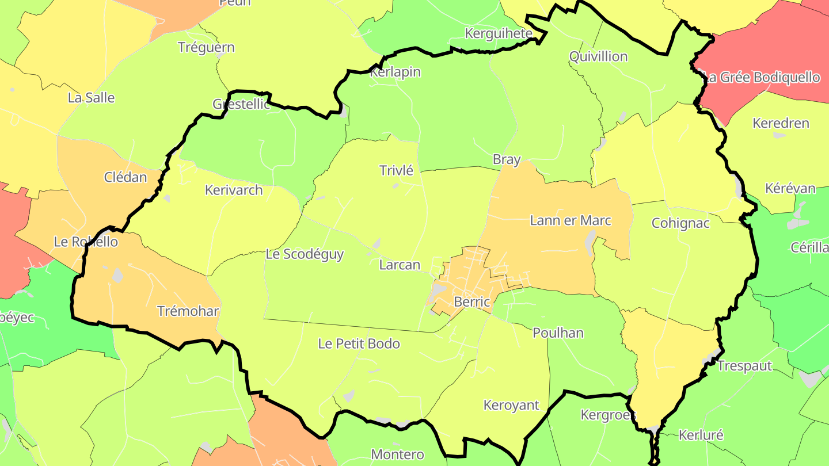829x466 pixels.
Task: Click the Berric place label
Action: pyautogui.click(x=471, y=301)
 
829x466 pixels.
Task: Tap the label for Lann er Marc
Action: pyautogui.click(x=570, y=220)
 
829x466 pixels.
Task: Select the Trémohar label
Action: pyautogui.click(x=188, y=311)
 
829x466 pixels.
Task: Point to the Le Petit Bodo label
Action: pyautogui.click(x=359, y=344)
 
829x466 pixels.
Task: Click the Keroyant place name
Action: pyautogui.click(x=511, y=405)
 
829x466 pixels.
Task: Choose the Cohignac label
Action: pyautogui.click(x=680, y=223)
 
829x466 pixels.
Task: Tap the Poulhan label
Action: pyautogui.click(x=558, y=333)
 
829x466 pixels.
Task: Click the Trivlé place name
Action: pyautogui.click(x=397, y=170)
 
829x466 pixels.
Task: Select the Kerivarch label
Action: pyautogui.click(x=234, y=190)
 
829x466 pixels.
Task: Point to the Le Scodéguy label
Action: pyautogui.click(x=305, y=254)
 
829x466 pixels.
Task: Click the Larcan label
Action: pyautogui.click(x=400, y=265)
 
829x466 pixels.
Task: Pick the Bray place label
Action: pyautogui.click(x=507, y=159)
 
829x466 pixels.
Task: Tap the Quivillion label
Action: pyautogui.click(x=598, y=56)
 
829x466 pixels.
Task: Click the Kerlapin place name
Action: pyautogui.click(x=395, y=72)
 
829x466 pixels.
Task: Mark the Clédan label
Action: pyautogui.click(x=126, y=177)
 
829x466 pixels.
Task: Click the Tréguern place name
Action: pyautogui.click(x=206, y=47)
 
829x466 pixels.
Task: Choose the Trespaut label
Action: pyautogui.click(x=744, y=366)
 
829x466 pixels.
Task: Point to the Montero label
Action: pyautogui.click(x=397, y=454)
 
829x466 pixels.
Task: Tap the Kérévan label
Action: pyautogui.click(x=790, y=189)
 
